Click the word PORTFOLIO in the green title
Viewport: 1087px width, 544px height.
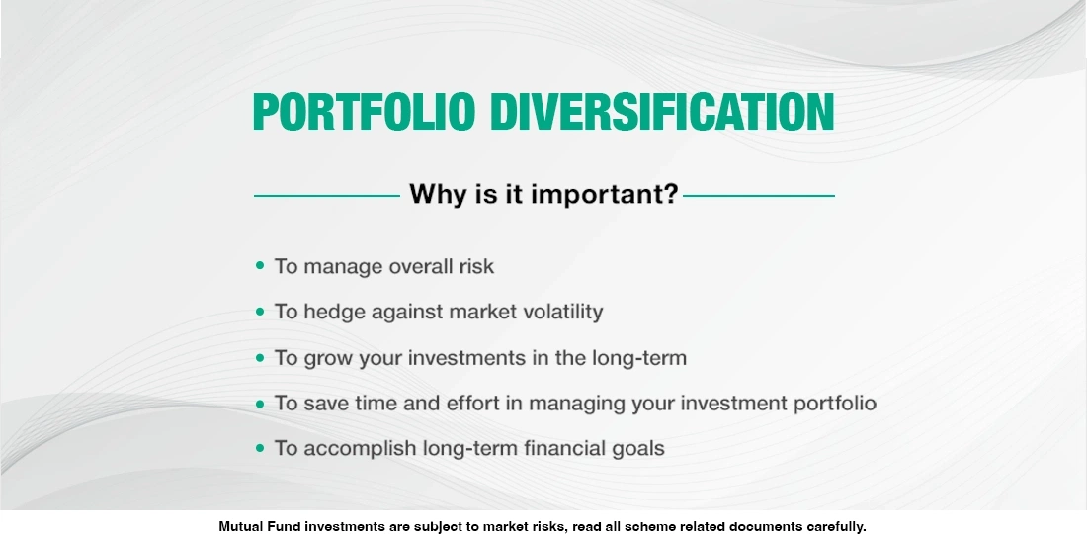(364, 113)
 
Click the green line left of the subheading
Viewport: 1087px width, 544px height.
(326, 196)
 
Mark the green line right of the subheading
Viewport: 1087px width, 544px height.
(759, 196)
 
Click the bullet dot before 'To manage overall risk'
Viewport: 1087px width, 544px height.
(260, 266)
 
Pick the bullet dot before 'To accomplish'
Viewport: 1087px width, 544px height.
(260, 448)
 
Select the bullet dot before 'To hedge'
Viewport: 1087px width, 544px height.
(260, 312)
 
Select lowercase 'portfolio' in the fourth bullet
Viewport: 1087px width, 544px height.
(834, 404)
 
